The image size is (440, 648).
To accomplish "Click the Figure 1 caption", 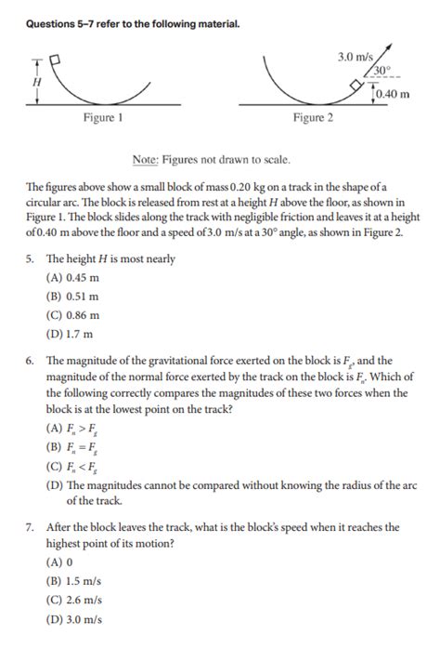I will pyautogui.click(x=102, y=118).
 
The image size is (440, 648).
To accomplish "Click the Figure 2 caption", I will pyautogui.click(x=314, y=118).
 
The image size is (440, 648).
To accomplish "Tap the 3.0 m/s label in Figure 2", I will pyautogui.click(x=355, y=58).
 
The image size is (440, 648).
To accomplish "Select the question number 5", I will pyautogui.click(x=30, y=259).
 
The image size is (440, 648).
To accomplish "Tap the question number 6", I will pyautogui.click(x=30, y=361).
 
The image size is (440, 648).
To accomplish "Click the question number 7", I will pyautogui.click(x=30, y=527).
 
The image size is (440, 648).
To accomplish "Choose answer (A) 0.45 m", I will pyautogui.click(x=71, y=278).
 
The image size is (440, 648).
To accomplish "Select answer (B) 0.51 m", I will pyautogui.click(x=71, y=297).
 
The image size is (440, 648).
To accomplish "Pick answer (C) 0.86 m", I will pyautogui.click(x=71, y=315).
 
